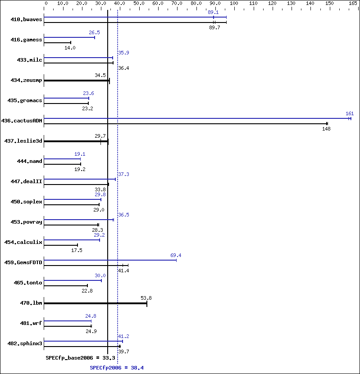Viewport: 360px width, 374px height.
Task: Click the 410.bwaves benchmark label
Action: pyautogui.click(x=26, y=19)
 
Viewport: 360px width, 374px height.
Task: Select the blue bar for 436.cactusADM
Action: pyautogui.click(x=197, y=118)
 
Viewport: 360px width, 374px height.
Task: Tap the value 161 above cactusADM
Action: pyautogui.click(x=350, y=113)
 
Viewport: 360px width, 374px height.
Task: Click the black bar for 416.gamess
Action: pyautogui.click(x=57, y=43)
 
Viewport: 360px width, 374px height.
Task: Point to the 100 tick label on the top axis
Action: pyautogui.click(x=234, y=3)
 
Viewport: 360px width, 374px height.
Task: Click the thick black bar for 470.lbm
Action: pyautogui.click(x=96, y=303)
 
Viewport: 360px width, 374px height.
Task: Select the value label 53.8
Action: pyautogui.click(x=146, y=298)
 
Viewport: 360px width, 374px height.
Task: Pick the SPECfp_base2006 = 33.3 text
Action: pyautogui.click(x=81, y=358)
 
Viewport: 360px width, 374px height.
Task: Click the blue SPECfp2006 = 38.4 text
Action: pyautogui.click(x=117, y=368)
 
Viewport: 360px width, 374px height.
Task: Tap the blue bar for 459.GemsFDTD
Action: pyautogui.click(x=110, y=260)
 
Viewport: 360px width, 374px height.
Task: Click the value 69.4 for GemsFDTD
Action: pyautogui.click(x=176, y=256)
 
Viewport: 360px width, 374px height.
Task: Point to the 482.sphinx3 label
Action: pyautogui.click(x=25, y=343)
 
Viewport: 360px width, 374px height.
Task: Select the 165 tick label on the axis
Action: pyautogui.click(x=353, y=3)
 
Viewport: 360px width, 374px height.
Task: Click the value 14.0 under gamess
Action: pyautogui.click(x=70, y=48)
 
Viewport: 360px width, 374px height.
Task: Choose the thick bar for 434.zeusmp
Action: pyautogui.click(x=77, y=81)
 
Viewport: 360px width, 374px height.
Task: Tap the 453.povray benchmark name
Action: pyautogui.click(x=26, y=222)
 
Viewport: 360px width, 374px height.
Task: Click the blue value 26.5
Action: pyautogui.click(x=94, y=33)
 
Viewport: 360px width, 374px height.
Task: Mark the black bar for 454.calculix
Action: pyautogui.click(x=61, y=245)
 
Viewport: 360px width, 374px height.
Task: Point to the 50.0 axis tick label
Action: pyautogui.click(x=139, y=3)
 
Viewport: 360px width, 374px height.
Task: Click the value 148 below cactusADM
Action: pyautogui.click(x=326, y=129)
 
